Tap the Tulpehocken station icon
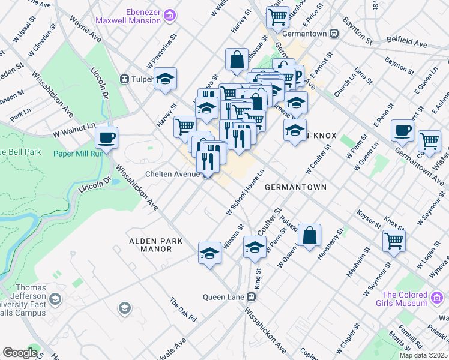[125, 79]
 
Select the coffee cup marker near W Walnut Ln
[106, 137]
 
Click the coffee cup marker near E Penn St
[402, 130]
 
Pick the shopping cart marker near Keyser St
[394, 240]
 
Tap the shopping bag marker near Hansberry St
[309, 236]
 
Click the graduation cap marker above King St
[255, 247]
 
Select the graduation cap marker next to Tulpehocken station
[165, 79]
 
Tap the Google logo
[20, 353]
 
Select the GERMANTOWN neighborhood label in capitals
[295, 187]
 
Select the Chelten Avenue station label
[172, 174]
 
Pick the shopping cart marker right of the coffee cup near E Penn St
[429, 141]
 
